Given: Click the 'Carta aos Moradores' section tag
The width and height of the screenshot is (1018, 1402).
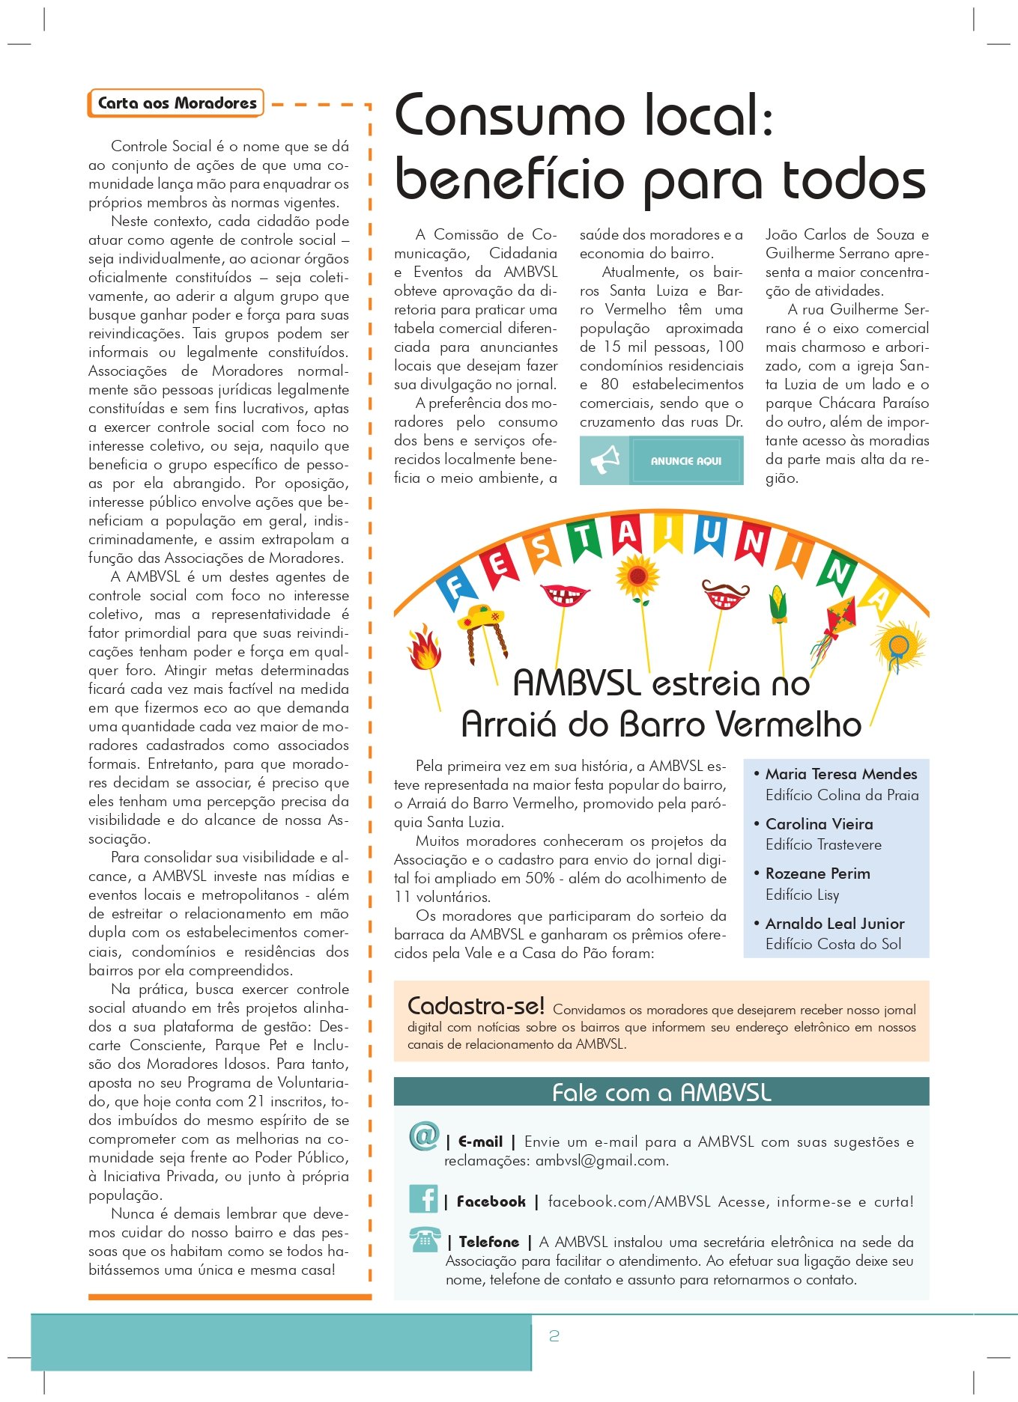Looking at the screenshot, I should coord(177,103).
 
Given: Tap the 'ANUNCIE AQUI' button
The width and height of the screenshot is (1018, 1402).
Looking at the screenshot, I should coord(685,461).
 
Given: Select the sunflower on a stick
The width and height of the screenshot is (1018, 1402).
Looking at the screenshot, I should coord(637,576).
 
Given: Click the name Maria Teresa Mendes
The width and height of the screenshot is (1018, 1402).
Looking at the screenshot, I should coord(840,774).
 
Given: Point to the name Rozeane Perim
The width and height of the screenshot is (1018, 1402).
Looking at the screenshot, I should coord(817,874).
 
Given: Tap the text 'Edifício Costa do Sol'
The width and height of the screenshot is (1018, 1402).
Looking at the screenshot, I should coord(833,944).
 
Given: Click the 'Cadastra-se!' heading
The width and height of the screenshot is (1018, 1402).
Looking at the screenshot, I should coord(476,1005).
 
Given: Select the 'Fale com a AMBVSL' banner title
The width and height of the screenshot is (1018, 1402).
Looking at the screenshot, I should coord(661,1092).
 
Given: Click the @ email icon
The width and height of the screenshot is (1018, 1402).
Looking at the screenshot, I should coord(423,1136).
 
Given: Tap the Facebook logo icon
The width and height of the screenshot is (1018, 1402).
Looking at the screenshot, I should coord(423,1199).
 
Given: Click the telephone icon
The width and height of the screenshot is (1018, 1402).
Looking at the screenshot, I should coord(425,1240).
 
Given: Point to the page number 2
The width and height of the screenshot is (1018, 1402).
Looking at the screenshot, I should coord(554,1336).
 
